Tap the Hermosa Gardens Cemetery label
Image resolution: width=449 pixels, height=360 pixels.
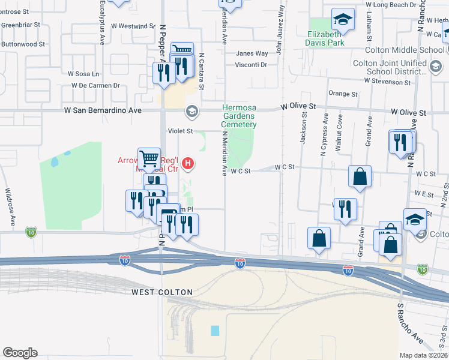pyautogui.click(x=238, y=116)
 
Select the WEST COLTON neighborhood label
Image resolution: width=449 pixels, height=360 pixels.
pyautogui.click(x=162, y=292)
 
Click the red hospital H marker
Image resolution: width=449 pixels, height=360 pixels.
pyautogui.click(x=188, y=163)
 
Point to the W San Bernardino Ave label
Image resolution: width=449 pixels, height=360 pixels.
pyautogui.click(x=103, y=111)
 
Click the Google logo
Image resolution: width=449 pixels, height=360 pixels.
pyautogui.click(x=20, y=353)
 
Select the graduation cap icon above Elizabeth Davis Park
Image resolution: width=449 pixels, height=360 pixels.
pyautogui.click(x=343, y=19)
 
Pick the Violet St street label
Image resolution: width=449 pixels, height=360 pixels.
pyautogui.click(x=180, y=130)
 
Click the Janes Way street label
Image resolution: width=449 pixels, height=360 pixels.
pyautogui.click(x=252, y=53)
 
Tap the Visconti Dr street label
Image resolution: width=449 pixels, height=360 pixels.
pyautogui.click(x=250, y=65)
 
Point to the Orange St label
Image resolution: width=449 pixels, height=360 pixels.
pyautogui.click(x=343, y=94)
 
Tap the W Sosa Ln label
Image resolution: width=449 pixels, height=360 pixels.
pyautogui.click(x=83, y=74)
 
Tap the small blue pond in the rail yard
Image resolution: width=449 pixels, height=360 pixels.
pyautogui.click(x=215, y=331)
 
